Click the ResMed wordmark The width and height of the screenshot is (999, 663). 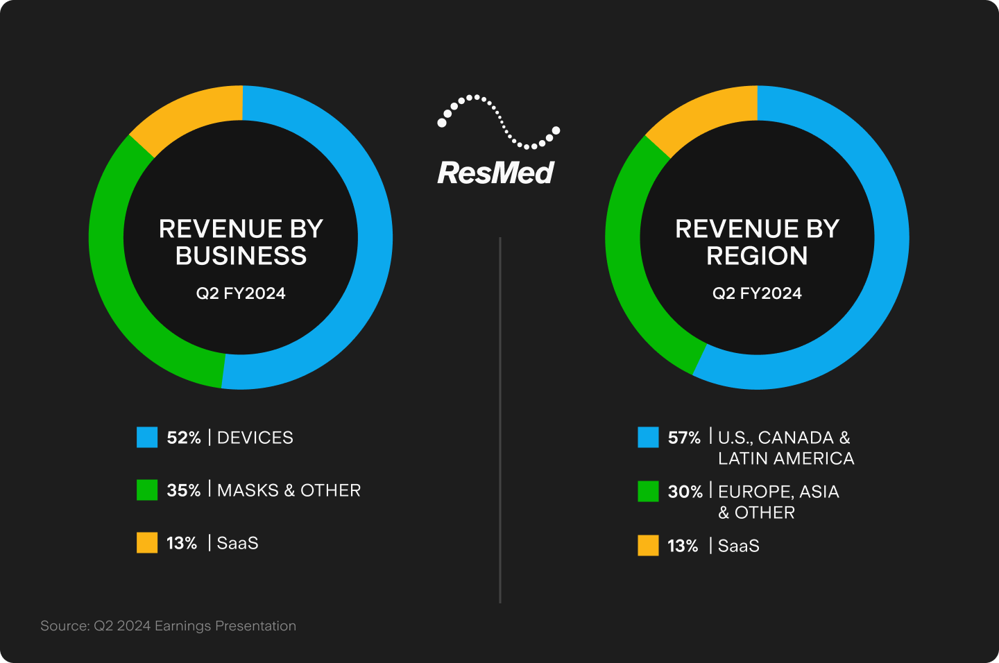point(495,173)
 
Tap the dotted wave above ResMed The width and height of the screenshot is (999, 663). point(498,122)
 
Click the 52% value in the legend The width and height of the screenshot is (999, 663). point(183,438)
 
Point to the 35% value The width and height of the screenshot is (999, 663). point(183,490)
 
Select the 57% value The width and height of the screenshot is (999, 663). point(684,438)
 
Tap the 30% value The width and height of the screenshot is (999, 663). point(685,492)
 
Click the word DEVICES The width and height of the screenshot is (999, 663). point(255,438)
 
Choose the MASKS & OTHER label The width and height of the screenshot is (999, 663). point(289,490)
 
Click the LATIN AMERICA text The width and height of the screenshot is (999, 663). point(786,458)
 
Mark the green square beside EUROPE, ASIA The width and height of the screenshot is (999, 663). point(648,491)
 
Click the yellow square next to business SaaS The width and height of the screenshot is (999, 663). point(147,542)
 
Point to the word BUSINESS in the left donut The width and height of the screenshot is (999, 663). point(241,256)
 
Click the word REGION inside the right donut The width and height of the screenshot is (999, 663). point(757,256)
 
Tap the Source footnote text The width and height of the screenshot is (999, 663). point(168,626)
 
